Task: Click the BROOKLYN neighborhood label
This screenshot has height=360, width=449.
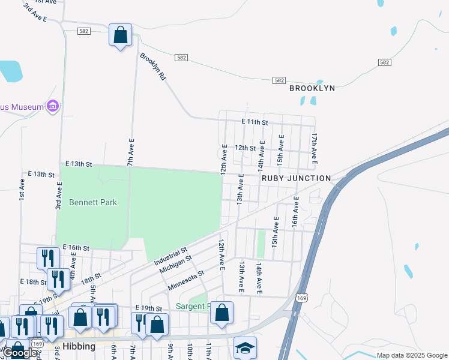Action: click(312, 88)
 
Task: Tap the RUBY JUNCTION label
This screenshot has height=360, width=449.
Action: click(296, 178)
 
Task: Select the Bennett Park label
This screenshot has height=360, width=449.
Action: click(92, 202)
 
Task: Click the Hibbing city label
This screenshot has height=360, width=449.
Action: click(80, 347)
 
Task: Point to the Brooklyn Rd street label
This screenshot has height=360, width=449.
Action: click(152, 67)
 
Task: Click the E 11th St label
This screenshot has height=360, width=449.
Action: click(254, 122)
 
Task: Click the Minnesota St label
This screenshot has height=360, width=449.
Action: click(186, 280)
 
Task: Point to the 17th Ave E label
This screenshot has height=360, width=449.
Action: click(313, 149)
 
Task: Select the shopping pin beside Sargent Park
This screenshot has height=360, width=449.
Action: click(221, 313)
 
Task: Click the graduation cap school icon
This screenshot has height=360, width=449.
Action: click(245, 347)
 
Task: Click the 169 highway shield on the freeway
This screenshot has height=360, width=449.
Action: click(301, 298)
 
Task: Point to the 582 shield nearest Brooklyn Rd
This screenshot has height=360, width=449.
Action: click(182, 57)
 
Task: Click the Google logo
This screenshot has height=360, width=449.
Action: click(20, 353)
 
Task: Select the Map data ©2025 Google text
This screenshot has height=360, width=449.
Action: click(412, 355)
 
